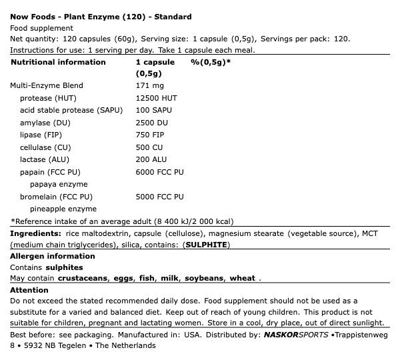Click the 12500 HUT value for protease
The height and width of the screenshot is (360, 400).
[156, 98]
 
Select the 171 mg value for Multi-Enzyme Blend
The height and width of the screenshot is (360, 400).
[149, 85]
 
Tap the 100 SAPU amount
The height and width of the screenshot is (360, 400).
[153, 110]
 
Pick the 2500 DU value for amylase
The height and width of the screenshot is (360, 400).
[151, 123]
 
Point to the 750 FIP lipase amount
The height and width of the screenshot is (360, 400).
[149, 135]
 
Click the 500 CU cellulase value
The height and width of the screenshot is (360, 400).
[149, 147]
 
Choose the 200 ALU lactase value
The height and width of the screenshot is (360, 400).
[151, 159]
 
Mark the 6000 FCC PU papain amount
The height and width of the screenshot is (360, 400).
[159, 172]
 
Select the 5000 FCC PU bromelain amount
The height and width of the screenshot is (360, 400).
[159, 197]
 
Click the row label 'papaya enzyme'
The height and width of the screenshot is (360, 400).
[59, 184]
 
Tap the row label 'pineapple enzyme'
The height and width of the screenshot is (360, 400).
[63, 209]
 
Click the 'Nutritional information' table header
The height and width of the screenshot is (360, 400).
[58, 62]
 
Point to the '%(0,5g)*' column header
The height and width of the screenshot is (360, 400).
[211, 62]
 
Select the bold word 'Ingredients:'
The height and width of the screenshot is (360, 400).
[35, 234]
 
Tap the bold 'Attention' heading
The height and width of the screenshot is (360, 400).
[29, 290]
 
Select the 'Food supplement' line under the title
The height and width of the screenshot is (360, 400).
[41, 28]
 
